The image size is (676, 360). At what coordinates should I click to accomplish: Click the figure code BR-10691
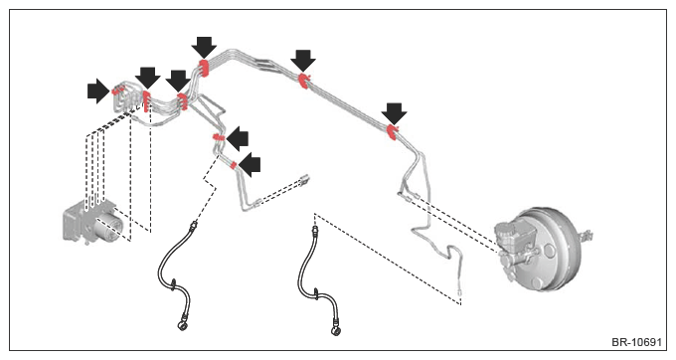636,342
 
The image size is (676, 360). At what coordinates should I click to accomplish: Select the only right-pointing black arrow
98,90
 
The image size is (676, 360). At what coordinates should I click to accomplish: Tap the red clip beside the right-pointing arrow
117,90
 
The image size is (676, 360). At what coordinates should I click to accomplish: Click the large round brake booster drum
548,252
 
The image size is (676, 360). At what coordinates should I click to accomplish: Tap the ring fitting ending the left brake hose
182,325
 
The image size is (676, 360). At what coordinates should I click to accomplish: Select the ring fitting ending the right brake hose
335,330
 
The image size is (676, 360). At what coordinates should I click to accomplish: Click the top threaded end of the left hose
195,224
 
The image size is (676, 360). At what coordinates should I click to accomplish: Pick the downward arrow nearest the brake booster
394,113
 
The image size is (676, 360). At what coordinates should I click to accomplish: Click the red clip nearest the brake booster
392,132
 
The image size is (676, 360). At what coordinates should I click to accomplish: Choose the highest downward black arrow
204,48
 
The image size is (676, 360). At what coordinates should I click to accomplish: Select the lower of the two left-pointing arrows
251,165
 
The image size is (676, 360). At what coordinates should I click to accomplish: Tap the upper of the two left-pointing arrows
238,139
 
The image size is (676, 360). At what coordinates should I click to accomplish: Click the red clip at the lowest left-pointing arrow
234,165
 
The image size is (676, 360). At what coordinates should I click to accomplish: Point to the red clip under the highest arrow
204,69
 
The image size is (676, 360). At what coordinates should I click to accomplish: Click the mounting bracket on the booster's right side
587,237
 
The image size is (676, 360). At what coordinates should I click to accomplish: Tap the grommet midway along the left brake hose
172,283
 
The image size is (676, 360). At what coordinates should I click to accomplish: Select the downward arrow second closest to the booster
303,61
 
